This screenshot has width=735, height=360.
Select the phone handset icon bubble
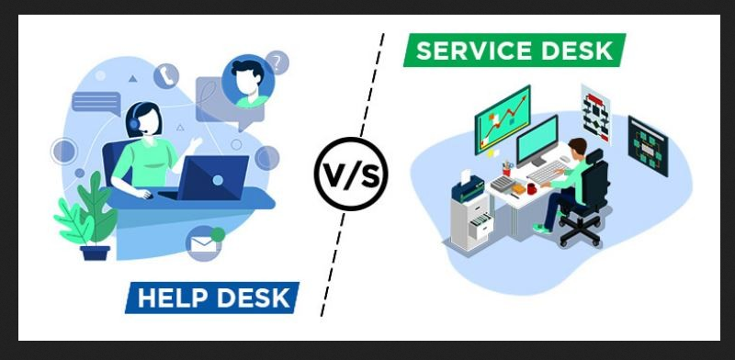(x=166, y=75)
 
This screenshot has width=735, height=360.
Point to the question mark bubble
(x=276, y=62)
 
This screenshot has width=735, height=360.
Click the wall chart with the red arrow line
(x=502, y=118)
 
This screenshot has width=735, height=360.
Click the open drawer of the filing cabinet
(x=477, y=224)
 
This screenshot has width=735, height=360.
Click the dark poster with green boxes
(x=647, y=143)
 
